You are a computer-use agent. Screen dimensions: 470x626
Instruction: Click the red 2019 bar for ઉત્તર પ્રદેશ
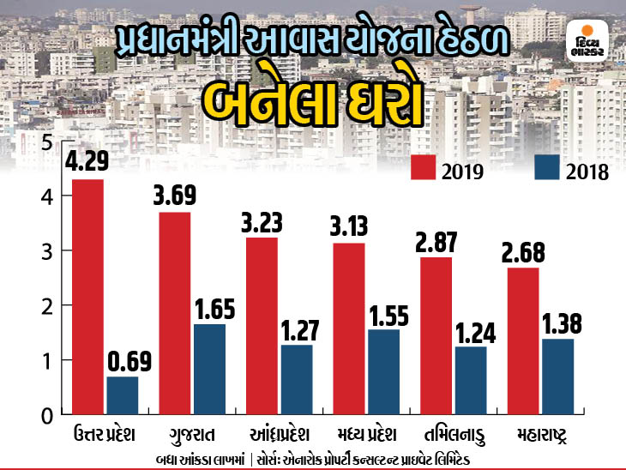[88, 296]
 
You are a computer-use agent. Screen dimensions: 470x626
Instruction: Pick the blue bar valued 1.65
[210, 369]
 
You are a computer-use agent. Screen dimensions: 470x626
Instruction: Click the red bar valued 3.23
[262, 326]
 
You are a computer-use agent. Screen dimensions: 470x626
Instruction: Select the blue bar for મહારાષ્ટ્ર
[558, 376]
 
